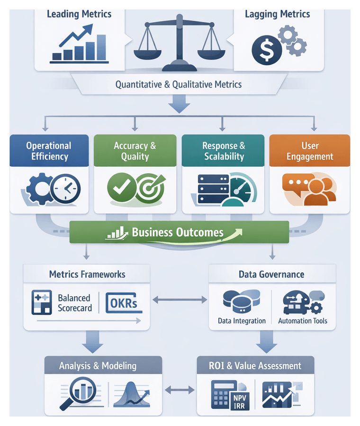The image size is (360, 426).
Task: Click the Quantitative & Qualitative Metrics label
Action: [179, 85]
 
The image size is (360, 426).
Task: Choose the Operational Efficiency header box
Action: [49, 151]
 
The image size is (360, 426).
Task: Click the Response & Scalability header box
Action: [224, 151]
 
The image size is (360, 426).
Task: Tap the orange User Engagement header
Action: [310, 151]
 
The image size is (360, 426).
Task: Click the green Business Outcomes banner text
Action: [178, 232]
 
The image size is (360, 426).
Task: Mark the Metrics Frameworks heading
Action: [87, 274]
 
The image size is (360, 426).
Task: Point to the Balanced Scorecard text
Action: [74, 303]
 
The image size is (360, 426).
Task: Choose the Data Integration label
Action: [242, 321]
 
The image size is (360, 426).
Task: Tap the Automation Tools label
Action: [303, 321]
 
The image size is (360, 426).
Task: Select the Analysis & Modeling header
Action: [98, 366]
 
